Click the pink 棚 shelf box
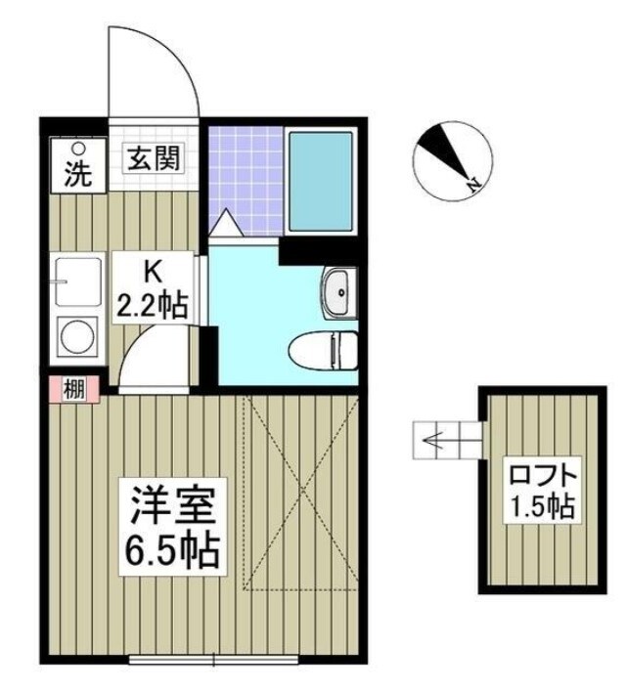pos(73,389)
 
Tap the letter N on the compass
pos(472,183)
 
